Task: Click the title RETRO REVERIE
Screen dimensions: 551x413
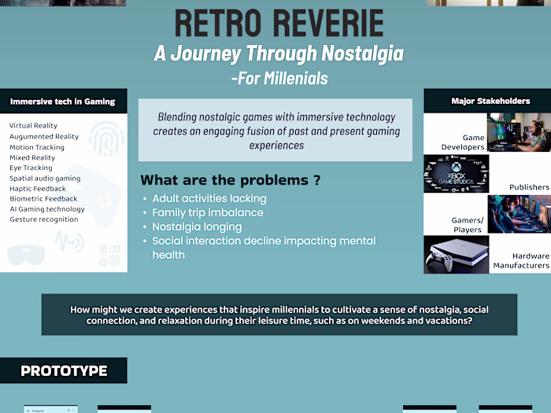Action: pos(279,23)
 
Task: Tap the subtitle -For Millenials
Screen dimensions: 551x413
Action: pos(279,79)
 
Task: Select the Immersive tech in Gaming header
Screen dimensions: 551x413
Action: pos(62,101)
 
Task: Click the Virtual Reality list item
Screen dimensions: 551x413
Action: pos(33,126)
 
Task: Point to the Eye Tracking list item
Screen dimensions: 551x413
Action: pos(31,168)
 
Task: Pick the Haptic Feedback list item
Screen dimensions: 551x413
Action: pos(38,189)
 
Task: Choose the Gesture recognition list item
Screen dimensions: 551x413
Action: pos(44,219)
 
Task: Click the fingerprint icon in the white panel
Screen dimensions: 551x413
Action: pos(106,138)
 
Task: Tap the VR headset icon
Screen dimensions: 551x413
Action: pos(26,254)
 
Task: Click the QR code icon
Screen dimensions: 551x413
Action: pos(110,256)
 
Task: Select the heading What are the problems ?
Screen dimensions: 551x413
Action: pos(230,180)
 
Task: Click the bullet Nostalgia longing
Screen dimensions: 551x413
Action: pos(197,227)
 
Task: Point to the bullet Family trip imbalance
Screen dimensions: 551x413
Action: pos(207,213)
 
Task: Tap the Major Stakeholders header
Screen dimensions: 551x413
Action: pos(490,101)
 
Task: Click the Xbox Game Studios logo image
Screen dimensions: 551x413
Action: pos(456,174)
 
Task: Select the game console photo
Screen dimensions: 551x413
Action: pos(456,255)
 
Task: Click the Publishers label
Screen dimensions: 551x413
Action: pos(529,187)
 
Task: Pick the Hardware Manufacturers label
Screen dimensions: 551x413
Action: pos(521,260)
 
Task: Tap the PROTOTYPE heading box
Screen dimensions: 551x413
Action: pos(64,371)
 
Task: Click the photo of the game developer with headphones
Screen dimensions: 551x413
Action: pos(519,132)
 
